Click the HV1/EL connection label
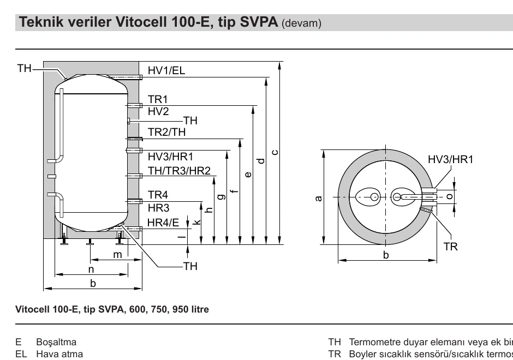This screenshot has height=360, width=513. (166, 70)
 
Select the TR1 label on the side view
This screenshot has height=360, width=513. (158, 99)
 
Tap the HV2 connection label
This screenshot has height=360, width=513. (158, 111)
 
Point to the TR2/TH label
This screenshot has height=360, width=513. (166, 132)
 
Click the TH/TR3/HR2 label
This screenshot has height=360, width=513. (179, 171)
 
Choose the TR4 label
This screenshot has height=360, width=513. (158, 195)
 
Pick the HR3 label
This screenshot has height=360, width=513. (158, 207)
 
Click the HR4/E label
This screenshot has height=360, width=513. (163, 222)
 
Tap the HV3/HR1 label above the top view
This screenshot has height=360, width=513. (450, 160)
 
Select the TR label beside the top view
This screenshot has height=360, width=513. (450, 247)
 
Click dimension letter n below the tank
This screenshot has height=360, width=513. (91, 269)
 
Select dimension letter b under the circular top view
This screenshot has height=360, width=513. (385, 255)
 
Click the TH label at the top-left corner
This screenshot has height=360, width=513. (24, 68)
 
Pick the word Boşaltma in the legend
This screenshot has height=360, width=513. (56, 343)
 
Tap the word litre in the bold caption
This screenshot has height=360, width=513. (198, 309)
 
